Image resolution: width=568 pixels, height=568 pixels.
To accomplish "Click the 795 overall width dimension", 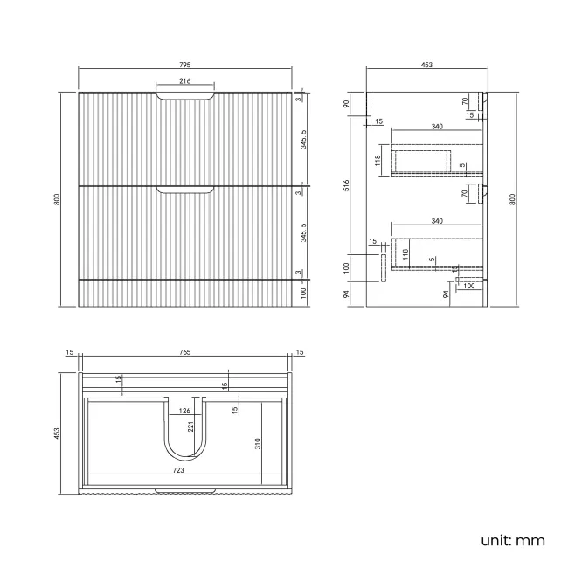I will pyautogui.click(x=185, y=65).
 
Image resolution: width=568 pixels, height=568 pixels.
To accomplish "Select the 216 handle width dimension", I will pyautogui.click(x=185, y=81).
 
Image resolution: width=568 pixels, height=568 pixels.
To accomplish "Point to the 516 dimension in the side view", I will pyautogui.click(x=347, y=184).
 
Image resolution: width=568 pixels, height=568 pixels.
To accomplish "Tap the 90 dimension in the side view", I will pyautogui.click(x=347, y=104).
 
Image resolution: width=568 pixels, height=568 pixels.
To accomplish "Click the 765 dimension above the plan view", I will pyautogui.click(x=185, y=352).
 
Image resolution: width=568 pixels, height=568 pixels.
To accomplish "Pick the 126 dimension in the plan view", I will pyautogui.click(x=185, y=411).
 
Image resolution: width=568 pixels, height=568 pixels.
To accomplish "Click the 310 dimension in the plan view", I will pyautogui.click(x=258, y=444).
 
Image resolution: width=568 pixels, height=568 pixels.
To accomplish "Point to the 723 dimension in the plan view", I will pyautogui.click(x=177, y=470).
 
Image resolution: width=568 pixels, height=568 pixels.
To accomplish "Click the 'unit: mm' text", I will pyautogui.click(x=512, y=540).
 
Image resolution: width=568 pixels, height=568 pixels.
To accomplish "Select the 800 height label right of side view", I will pyautogui.click(x=513, y=198).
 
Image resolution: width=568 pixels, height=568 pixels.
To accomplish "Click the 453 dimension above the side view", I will pyautogui.click(x=426, y=65).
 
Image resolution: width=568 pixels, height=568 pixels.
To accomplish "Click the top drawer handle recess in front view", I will pyautogui.click(x=185, y=96).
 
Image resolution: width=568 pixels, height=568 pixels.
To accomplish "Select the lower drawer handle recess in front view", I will pyautogui.click(x=185, y=190).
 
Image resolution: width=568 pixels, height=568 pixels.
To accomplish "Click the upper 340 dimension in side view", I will pyautogui.click(x=437, y=127).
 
